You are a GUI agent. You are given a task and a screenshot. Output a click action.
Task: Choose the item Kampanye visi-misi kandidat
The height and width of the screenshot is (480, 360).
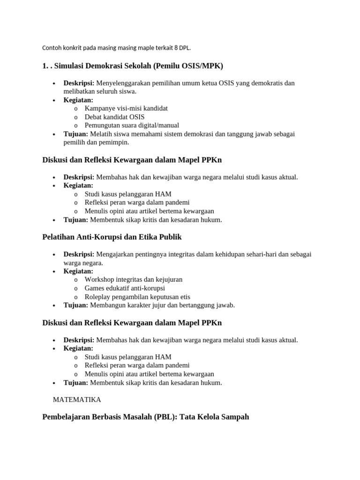tap(126, 108)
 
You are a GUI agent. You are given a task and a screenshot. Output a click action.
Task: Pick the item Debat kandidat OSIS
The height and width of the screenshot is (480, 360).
tap(114, 117)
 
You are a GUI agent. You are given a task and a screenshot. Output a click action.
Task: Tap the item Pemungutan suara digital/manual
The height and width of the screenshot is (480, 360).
tap(132, 125)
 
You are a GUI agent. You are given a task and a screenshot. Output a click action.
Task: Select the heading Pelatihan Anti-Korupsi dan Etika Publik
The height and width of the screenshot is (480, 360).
tap(112, 237)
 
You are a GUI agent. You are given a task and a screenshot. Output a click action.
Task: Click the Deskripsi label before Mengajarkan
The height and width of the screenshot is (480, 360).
tap(79, 254)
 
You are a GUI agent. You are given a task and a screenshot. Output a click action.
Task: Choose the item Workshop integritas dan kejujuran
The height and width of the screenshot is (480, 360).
tap(134, 279)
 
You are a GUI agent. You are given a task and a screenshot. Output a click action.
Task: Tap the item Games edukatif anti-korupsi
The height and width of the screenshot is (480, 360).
tap(125, 288)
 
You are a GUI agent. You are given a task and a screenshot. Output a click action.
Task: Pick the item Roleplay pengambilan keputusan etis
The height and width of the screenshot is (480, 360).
tap(137, 297)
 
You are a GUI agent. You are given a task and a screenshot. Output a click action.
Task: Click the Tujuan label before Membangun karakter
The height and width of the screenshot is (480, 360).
tap(75, 305)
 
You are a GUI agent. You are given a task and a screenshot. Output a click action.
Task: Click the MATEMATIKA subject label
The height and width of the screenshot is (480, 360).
tap(77, 400)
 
